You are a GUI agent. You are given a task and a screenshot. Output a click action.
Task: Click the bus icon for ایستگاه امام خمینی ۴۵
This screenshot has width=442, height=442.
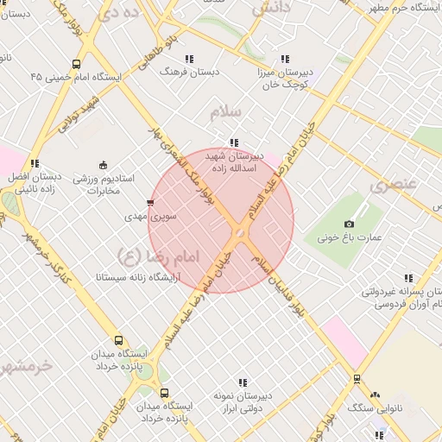tap(77, 64)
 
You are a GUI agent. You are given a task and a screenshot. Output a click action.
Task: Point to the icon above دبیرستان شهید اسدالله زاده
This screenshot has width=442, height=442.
tap(233, 142)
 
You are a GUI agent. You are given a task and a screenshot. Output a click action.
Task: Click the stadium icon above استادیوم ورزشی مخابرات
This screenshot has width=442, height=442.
tap(103, 165)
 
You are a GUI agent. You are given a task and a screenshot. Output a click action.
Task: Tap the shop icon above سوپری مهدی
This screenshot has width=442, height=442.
tap(151, 203)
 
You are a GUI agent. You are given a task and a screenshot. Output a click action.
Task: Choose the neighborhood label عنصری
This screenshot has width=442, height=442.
tap(394, 184)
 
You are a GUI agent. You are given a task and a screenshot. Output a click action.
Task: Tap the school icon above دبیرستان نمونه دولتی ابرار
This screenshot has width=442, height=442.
tap(243, 382)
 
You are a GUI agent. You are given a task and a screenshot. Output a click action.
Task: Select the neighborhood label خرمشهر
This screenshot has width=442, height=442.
tap(27, 365)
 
